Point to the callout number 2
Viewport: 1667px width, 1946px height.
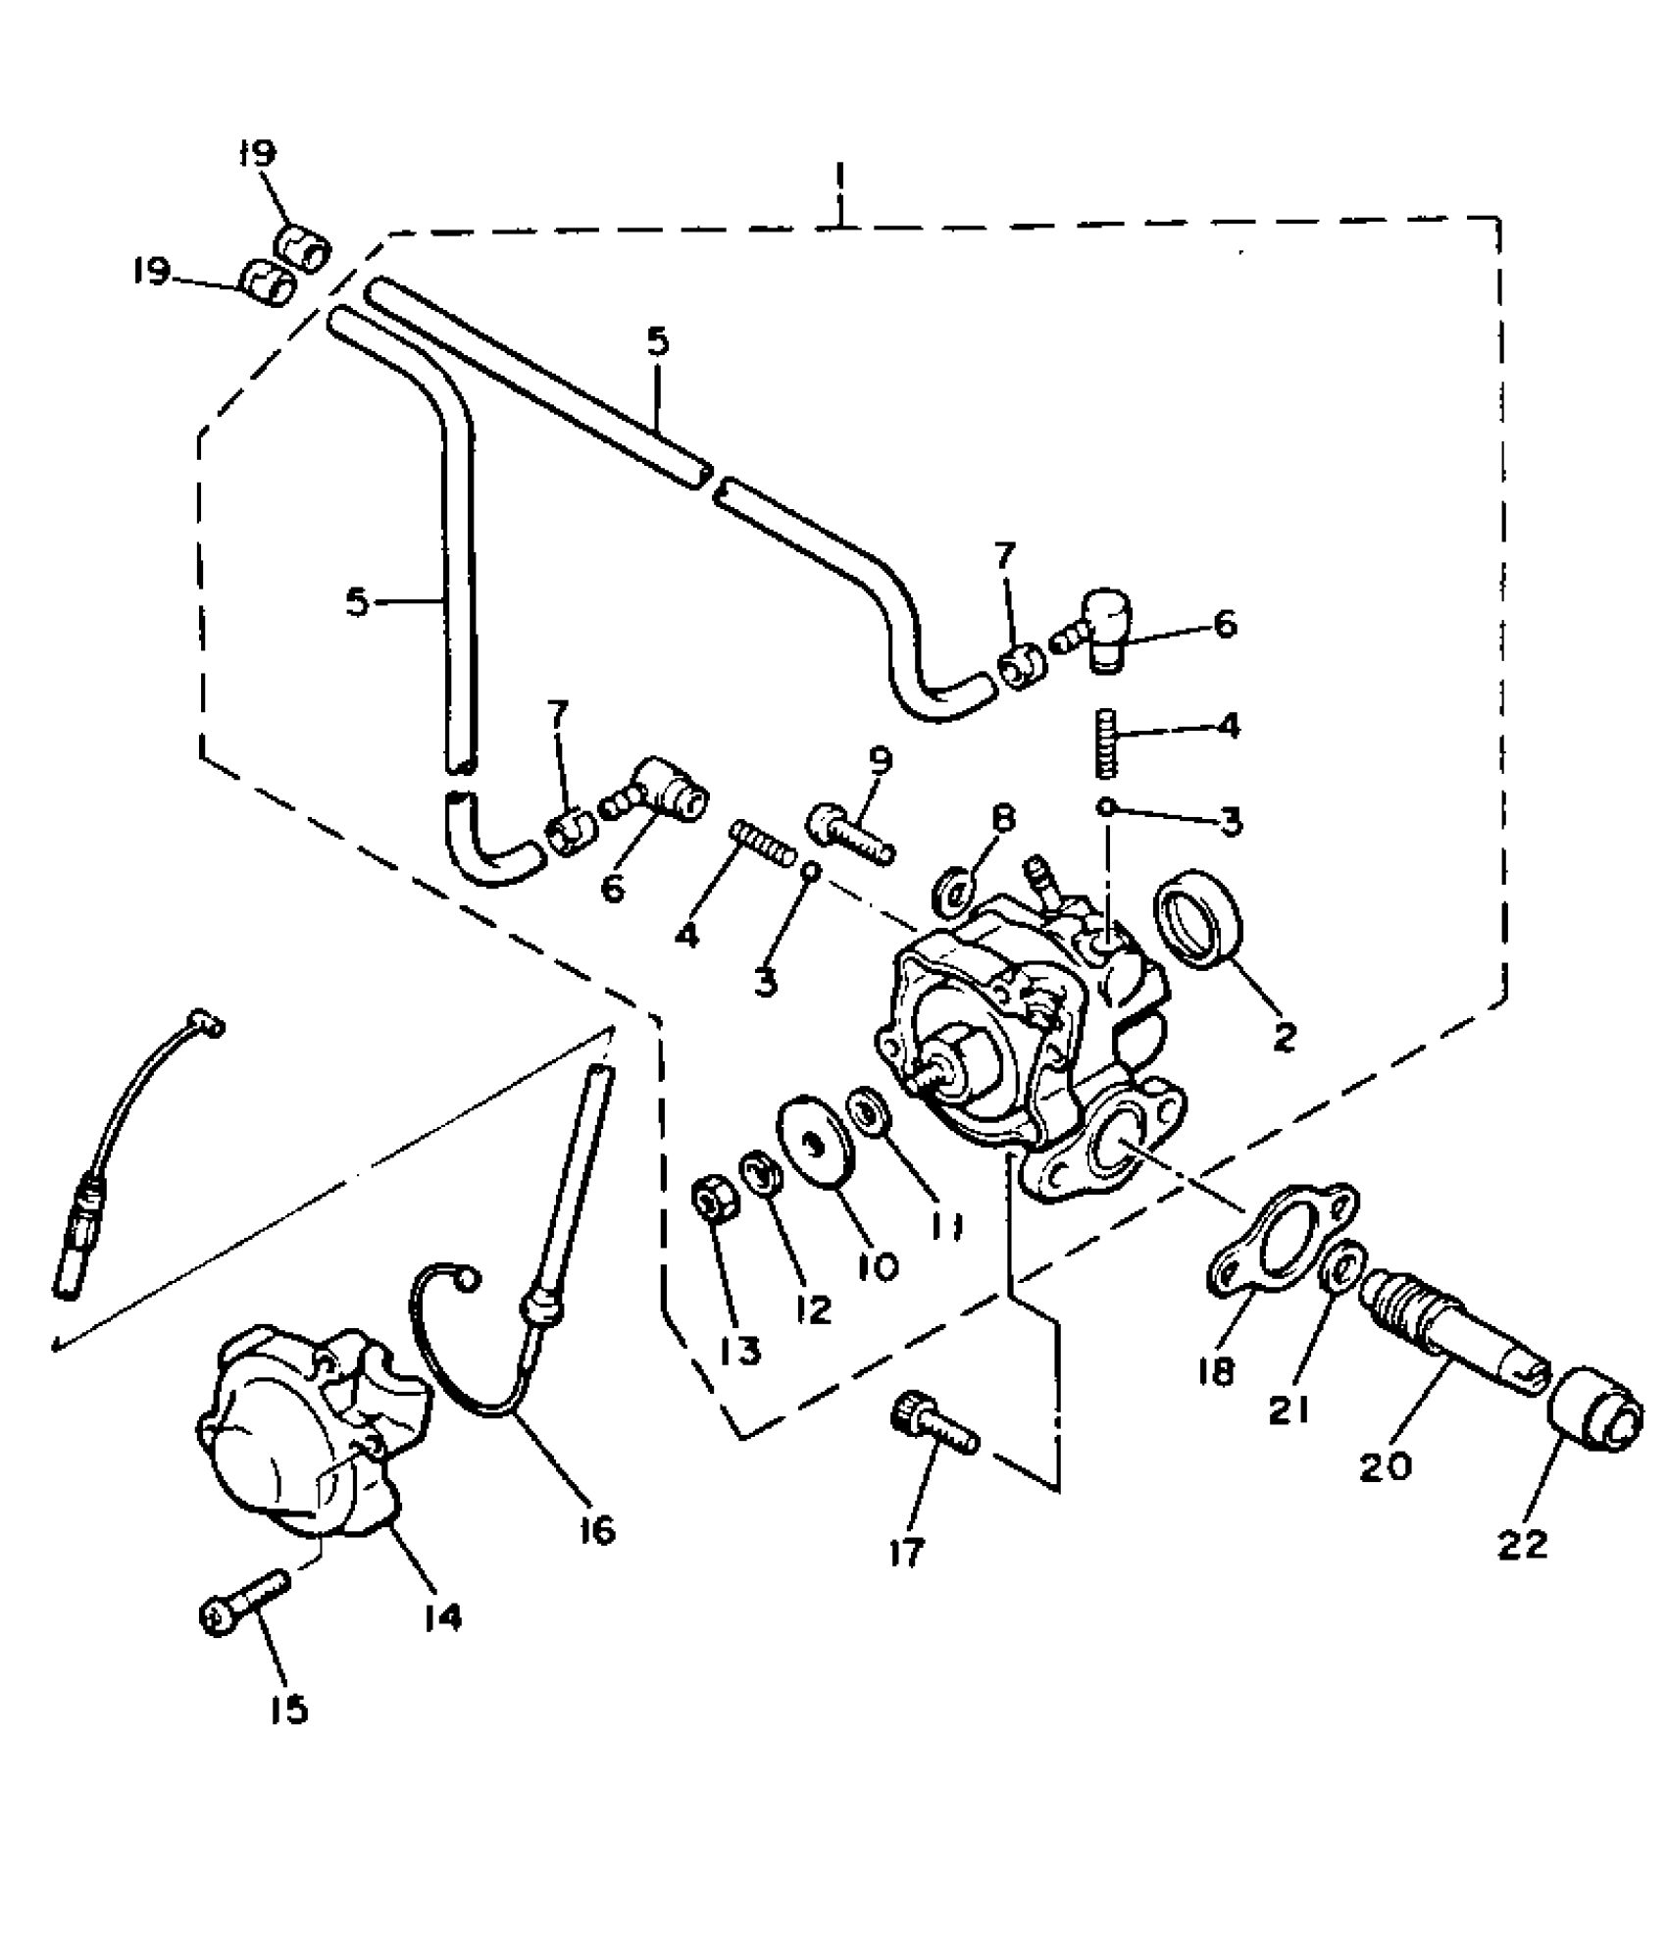[1284, 1036]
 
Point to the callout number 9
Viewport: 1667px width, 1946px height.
[878, 761]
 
